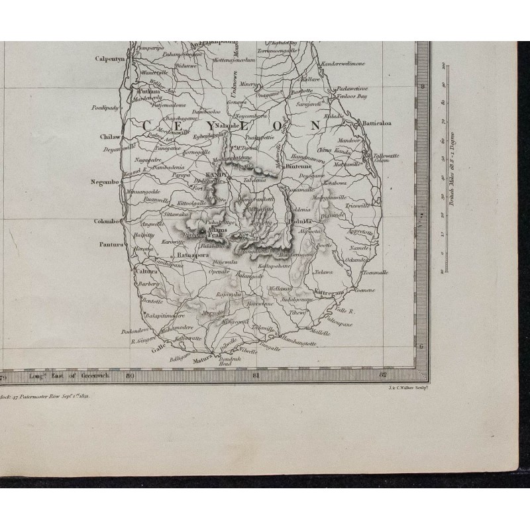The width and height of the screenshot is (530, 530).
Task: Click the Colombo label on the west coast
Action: click(x=105, y=221)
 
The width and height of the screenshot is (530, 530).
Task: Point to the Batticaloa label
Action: click(x=376, y=123)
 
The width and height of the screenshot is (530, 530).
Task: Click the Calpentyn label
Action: click(x=110, y=58)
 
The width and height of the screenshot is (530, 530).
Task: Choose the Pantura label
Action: click(x=111, y=244)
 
